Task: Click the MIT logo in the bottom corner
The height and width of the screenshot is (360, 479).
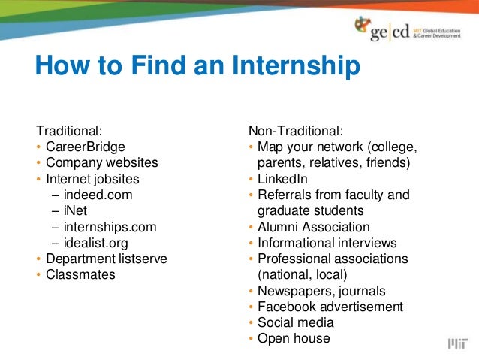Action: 456,343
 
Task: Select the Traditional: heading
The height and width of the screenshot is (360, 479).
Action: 69,130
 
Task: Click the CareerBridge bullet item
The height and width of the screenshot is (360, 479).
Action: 85,146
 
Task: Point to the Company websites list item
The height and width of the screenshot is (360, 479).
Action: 101,162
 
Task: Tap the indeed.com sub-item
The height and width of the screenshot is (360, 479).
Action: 98,195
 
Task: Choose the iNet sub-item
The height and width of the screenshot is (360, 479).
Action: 75,211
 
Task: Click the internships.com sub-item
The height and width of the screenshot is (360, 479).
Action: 110,227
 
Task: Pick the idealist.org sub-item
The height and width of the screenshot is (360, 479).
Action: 95,243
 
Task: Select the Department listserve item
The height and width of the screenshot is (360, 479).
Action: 106,259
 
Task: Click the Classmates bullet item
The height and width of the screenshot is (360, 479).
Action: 80,275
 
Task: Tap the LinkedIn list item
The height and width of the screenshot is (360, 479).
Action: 282,179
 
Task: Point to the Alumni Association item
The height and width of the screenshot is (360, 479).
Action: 313,227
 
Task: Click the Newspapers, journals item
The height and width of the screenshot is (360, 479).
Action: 321,291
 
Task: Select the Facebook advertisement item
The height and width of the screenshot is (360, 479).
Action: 330,307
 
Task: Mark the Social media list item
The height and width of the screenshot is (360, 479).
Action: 295,322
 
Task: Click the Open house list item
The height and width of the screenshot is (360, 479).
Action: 294,339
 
